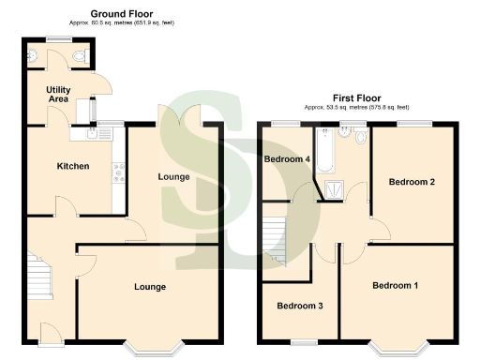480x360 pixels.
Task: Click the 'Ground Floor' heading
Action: [121, 14]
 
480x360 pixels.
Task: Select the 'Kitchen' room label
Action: [73, 166]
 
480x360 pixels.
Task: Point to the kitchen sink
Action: [93, 135]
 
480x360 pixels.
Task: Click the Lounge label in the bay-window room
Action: [150, 286]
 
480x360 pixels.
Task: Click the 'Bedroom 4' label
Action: [287, 158]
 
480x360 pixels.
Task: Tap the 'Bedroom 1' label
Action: [395, 285]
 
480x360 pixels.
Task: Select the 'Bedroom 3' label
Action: [299, 305]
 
